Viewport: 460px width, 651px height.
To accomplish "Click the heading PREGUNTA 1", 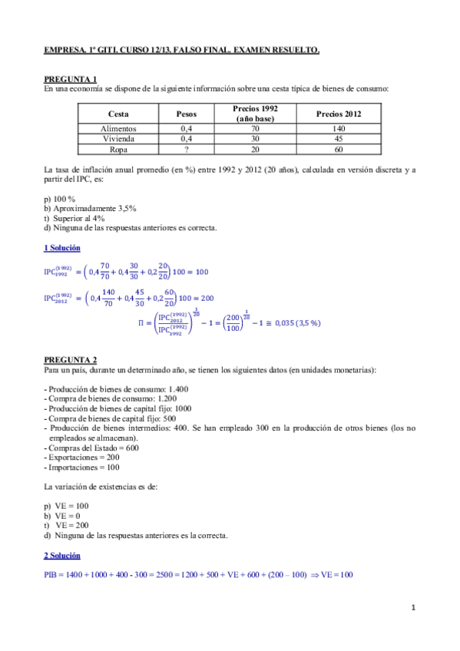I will point(71,79).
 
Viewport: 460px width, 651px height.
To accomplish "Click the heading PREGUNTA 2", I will point(71,359).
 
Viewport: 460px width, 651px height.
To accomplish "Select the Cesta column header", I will point(118,114).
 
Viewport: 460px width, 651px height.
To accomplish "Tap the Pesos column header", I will point(186,114).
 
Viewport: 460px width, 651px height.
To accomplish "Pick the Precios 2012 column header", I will point(339,114).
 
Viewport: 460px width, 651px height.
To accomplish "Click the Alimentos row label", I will point(118,130).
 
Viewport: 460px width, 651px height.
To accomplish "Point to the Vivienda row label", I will point(118,140).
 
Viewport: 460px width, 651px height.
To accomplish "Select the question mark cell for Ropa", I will point(186,150).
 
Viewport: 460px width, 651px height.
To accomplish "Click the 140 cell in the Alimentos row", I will point(339,130).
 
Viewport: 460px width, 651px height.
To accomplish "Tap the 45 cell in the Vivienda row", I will point(339,140).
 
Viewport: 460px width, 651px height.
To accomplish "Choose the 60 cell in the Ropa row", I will point(339,150).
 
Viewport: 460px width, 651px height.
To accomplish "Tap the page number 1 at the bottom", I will point(413,608).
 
